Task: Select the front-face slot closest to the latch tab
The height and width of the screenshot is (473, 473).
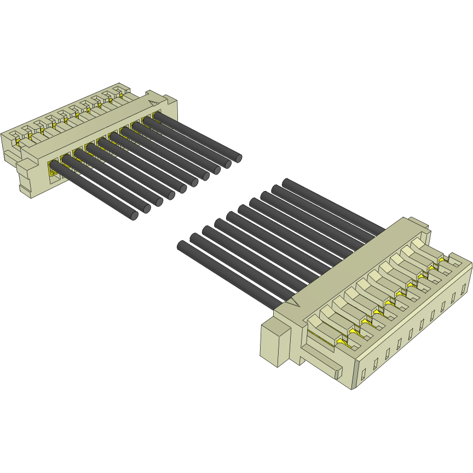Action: click(x=364, y=375)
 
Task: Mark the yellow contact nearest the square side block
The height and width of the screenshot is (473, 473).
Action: click(x=343, y=342)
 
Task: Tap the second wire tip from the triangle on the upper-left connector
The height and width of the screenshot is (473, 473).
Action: click(x=227, y=164)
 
